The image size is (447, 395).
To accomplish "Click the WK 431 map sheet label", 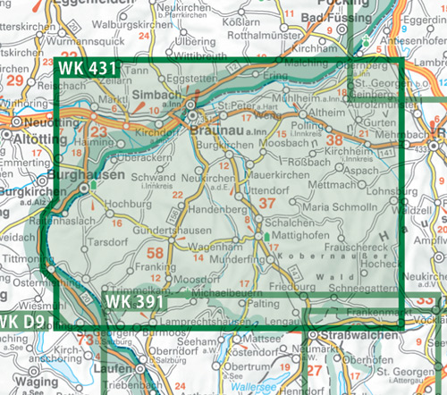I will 89,68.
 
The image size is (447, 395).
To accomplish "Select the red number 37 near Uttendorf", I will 266,205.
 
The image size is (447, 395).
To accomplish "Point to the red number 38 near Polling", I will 335,139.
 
